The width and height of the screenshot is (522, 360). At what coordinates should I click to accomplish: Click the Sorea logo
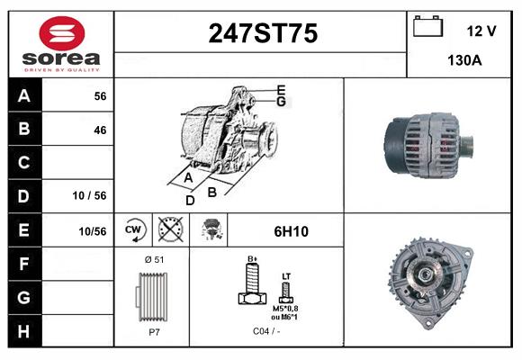pos(60,44)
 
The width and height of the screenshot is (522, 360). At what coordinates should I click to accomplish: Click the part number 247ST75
pos(263,34)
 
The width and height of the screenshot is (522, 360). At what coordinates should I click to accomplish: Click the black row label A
pos(24,95)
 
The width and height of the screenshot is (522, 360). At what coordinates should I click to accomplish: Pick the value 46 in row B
pos(99,130)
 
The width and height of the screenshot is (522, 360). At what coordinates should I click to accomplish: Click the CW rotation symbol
pos(133,230)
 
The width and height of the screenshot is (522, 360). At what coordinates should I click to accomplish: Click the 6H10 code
pos(291,231)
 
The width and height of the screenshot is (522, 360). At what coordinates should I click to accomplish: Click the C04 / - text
pos(265,332)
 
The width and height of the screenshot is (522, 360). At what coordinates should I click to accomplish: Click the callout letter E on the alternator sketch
pos(281,90)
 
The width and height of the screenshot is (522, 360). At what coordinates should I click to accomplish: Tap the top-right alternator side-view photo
pos(427,144)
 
